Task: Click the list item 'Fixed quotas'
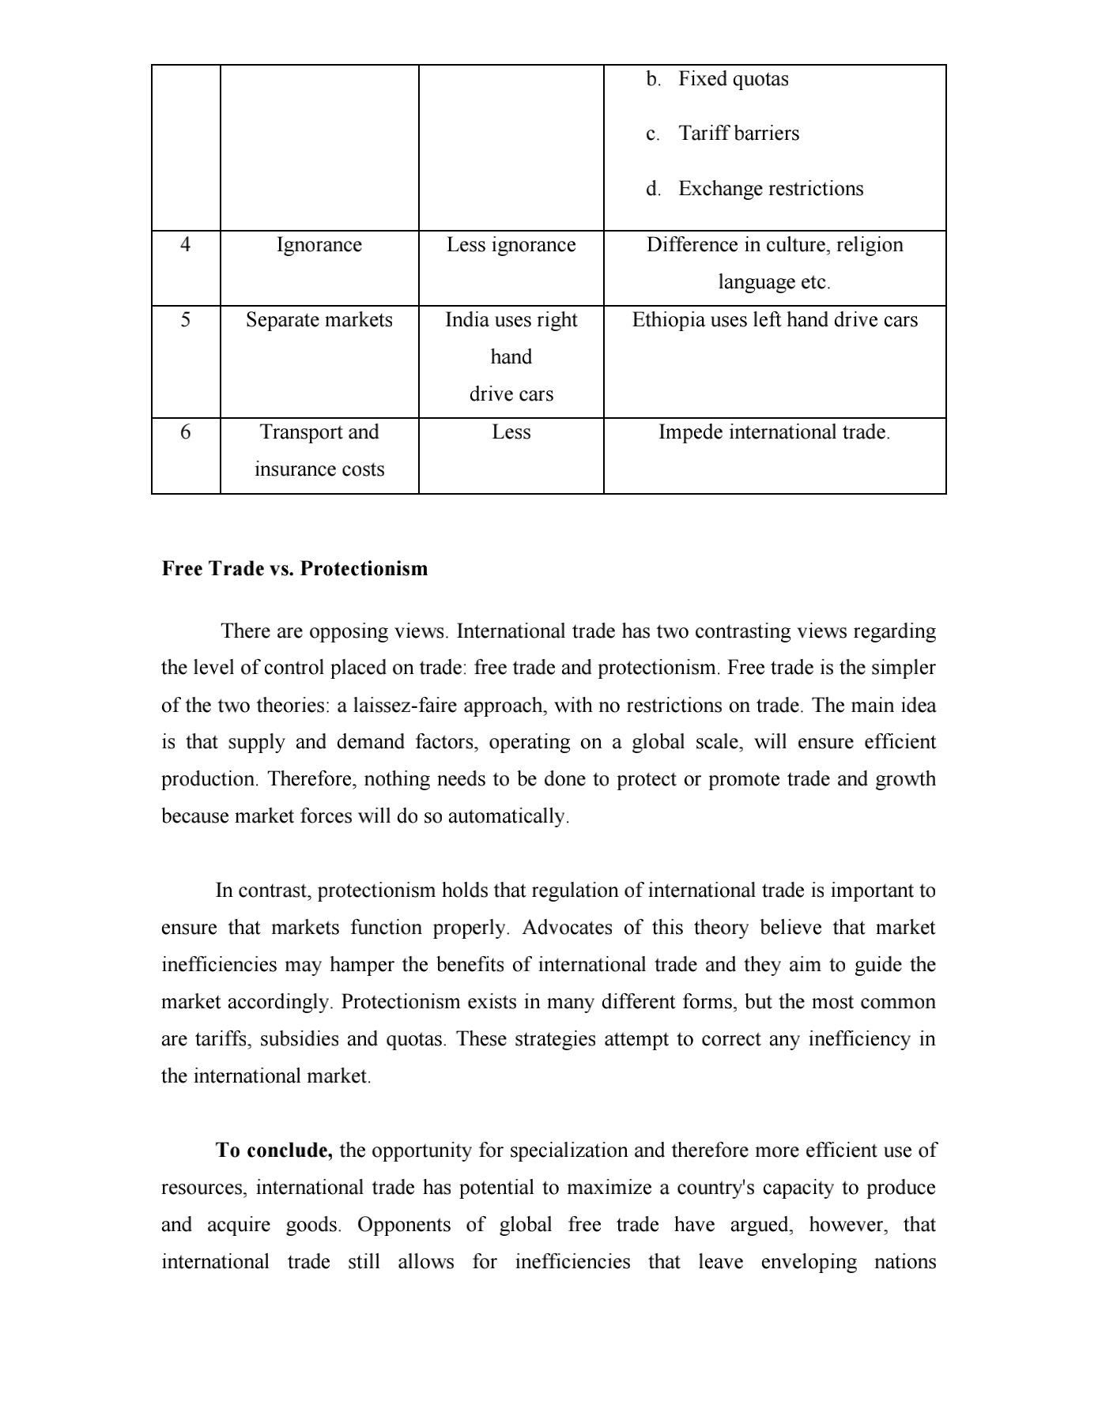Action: [x=733, y=79]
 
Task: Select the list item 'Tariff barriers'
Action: [x=738, y=134]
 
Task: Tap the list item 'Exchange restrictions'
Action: [x=771, y=189]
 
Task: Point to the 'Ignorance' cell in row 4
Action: [x=319, y=245]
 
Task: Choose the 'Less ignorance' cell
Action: [x=511, y=245]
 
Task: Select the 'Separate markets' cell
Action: [x=319, y=320]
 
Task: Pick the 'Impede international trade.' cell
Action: [x=774, y=432]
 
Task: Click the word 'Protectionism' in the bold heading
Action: [x=364, y=569]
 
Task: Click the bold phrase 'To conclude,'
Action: [x=274, y=1151]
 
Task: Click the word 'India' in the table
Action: [x=466, y=320]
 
